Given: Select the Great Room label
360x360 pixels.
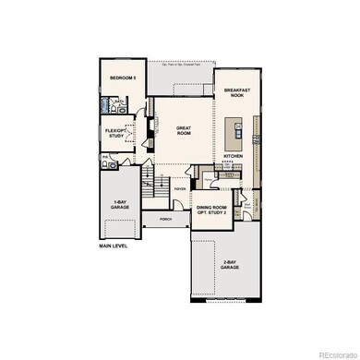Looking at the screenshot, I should tap(165, 131).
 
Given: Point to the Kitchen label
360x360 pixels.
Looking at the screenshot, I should tap(234, 156).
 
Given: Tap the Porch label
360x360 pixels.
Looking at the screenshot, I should tap(167, 220).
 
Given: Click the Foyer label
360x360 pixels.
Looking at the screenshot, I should tap(180, 188).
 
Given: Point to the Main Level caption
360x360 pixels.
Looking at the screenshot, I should tap(114, 247).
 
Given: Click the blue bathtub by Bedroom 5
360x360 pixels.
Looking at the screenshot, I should tap(107, 107).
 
